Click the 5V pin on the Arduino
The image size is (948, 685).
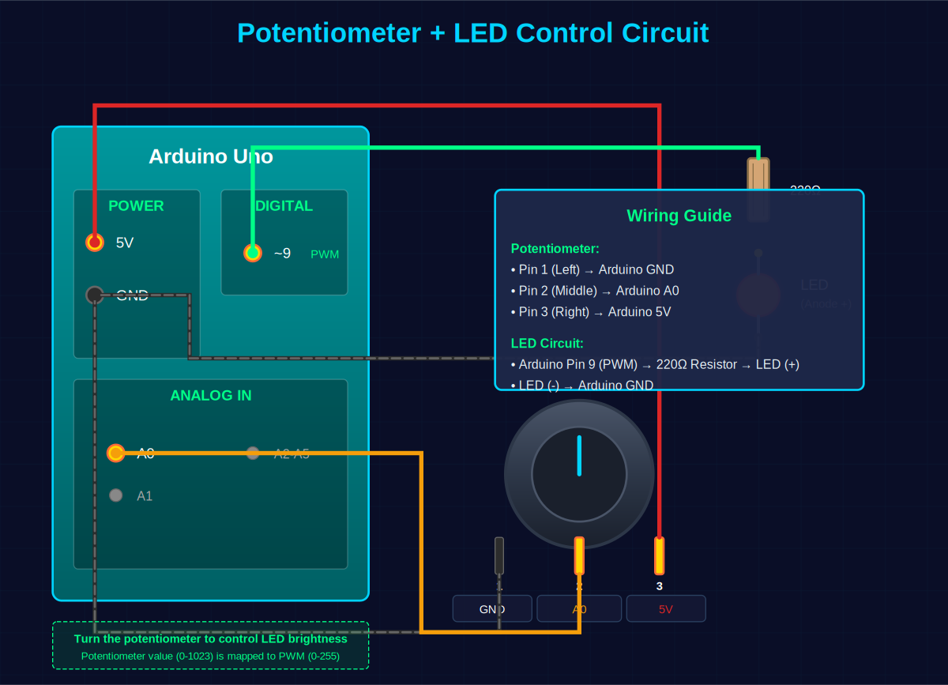(x=95, y=243)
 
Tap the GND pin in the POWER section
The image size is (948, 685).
(x=95, y=295)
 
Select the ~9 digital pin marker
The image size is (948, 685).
(x=252, y=253)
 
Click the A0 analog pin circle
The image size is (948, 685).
(x=116, y=453)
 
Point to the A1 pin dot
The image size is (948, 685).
(x=116, y=495)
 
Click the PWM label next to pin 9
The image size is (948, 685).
(x=325, y=254)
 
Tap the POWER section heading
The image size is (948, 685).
(x=136, y=206)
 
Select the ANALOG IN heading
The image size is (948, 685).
(x=211, y=396)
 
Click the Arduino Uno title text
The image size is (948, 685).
(x=211, y=156)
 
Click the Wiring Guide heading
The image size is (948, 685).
(x=679, y=216)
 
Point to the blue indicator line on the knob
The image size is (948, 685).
(x=579, y=456)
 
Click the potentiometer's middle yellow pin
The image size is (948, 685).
(x=579, y=555)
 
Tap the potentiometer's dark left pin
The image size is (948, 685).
(x=499, y=555)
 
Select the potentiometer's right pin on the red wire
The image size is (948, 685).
(x=660, y=555)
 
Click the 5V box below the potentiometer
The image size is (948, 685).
(x=666, y=609)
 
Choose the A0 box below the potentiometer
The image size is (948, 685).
(x=579, y=609)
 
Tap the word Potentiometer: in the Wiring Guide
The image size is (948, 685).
(x=555, y=248)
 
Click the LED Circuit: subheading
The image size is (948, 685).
(x=547, y=344)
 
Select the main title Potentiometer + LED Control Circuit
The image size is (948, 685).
(x=473, y=33)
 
